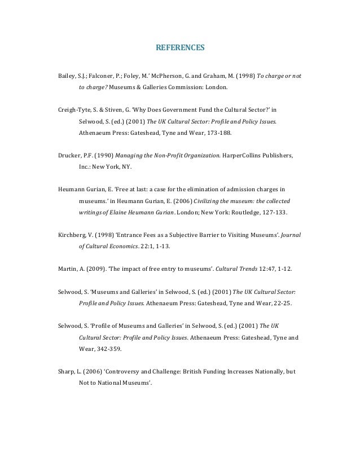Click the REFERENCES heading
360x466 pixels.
click(179, 48)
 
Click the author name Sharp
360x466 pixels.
click(67, 372)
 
